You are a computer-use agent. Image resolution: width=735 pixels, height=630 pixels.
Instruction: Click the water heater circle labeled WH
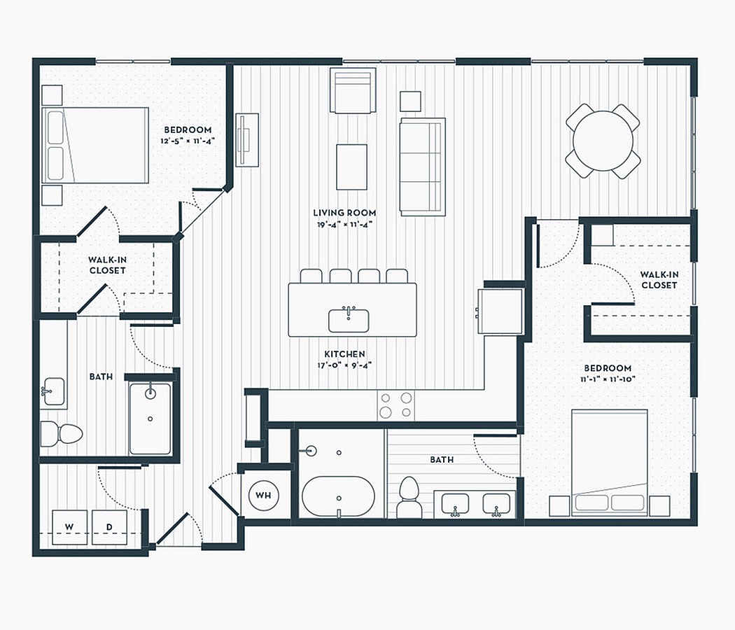(263, 495)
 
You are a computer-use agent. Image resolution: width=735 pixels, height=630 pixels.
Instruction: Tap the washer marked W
(69, 527)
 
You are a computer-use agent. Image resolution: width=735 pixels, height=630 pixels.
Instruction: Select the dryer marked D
(109, 527)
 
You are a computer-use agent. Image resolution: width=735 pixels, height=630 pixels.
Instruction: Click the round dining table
(603, 141)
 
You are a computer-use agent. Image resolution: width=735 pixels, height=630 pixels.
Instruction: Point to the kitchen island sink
(349, 320)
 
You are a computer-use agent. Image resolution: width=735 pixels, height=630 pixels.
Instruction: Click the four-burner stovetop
(395, 405)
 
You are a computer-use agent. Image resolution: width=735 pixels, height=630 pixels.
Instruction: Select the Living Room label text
(344, 213)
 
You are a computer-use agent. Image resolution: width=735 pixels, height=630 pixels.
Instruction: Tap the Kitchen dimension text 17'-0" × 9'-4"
(344, 365)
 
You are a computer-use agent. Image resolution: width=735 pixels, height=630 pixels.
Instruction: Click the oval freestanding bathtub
(338, 497)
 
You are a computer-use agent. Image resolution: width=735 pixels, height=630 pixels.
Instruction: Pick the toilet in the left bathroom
(62, 433)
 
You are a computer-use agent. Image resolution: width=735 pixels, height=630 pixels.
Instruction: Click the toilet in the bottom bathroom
(409, 497)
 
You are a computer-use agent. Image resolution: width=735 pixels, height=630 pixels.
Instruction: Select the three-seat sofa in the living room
(422, 167)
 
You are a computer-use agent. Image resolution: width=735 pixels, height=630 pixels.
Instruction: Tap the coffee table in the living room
(351, 167)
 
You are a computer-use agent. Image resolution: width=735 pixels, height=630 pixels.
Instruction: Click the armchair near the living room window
(353, 90)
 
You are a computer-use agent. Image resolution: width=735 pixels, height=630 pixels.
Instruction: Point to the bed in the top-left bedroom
(95, 146)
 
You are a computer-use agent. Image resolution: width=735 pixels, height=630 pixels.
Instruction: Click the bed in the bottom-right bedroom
(610, 463)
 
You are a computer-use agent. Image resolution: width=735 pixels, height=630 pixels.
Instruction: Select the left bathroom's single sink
(54, 391)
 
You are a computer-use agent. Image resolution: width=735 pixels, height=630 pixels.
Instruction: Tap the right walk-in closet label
(659, 280)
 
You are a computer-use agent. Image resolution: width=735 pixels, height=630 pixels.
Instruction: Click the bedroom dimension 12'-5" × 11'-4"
(188, 141)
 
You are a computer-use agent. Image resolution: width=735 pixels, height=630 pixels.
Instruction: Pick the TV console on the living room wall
(247, 140)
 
